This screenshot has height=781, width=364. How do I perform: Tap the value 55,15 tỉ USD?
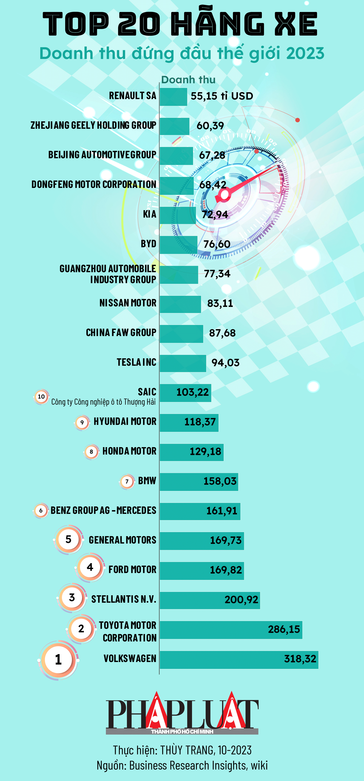pos(222,96)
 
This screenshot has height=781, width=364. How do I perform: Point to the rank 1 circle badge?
pos(58,659)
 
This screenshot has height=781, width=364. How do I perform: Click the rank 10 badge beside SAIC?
pos(41,397)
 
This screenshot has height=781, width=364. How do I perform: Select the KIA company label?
pos(150,214)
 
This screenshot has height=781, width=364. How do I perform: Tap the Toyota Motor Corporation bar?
pos(231,630)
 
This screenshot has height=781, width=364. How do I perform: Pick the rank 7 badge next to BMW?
pos(127,482)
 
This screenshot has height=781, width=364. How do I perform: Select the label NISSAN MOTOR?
pos(128,303)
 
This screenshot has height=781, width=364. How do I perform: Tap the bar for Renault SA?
pos(173,97)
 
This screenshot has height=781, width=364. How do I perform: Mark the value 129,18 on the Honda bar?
pos(205,452)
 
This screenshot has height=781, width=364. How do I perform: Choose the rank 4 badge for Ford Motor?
pos(90,567)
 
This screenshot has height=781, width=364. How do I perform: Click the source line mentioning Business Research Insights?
pos(182,765)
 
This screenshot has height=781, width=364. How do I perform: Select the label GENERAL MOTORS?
pos(122,540)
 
